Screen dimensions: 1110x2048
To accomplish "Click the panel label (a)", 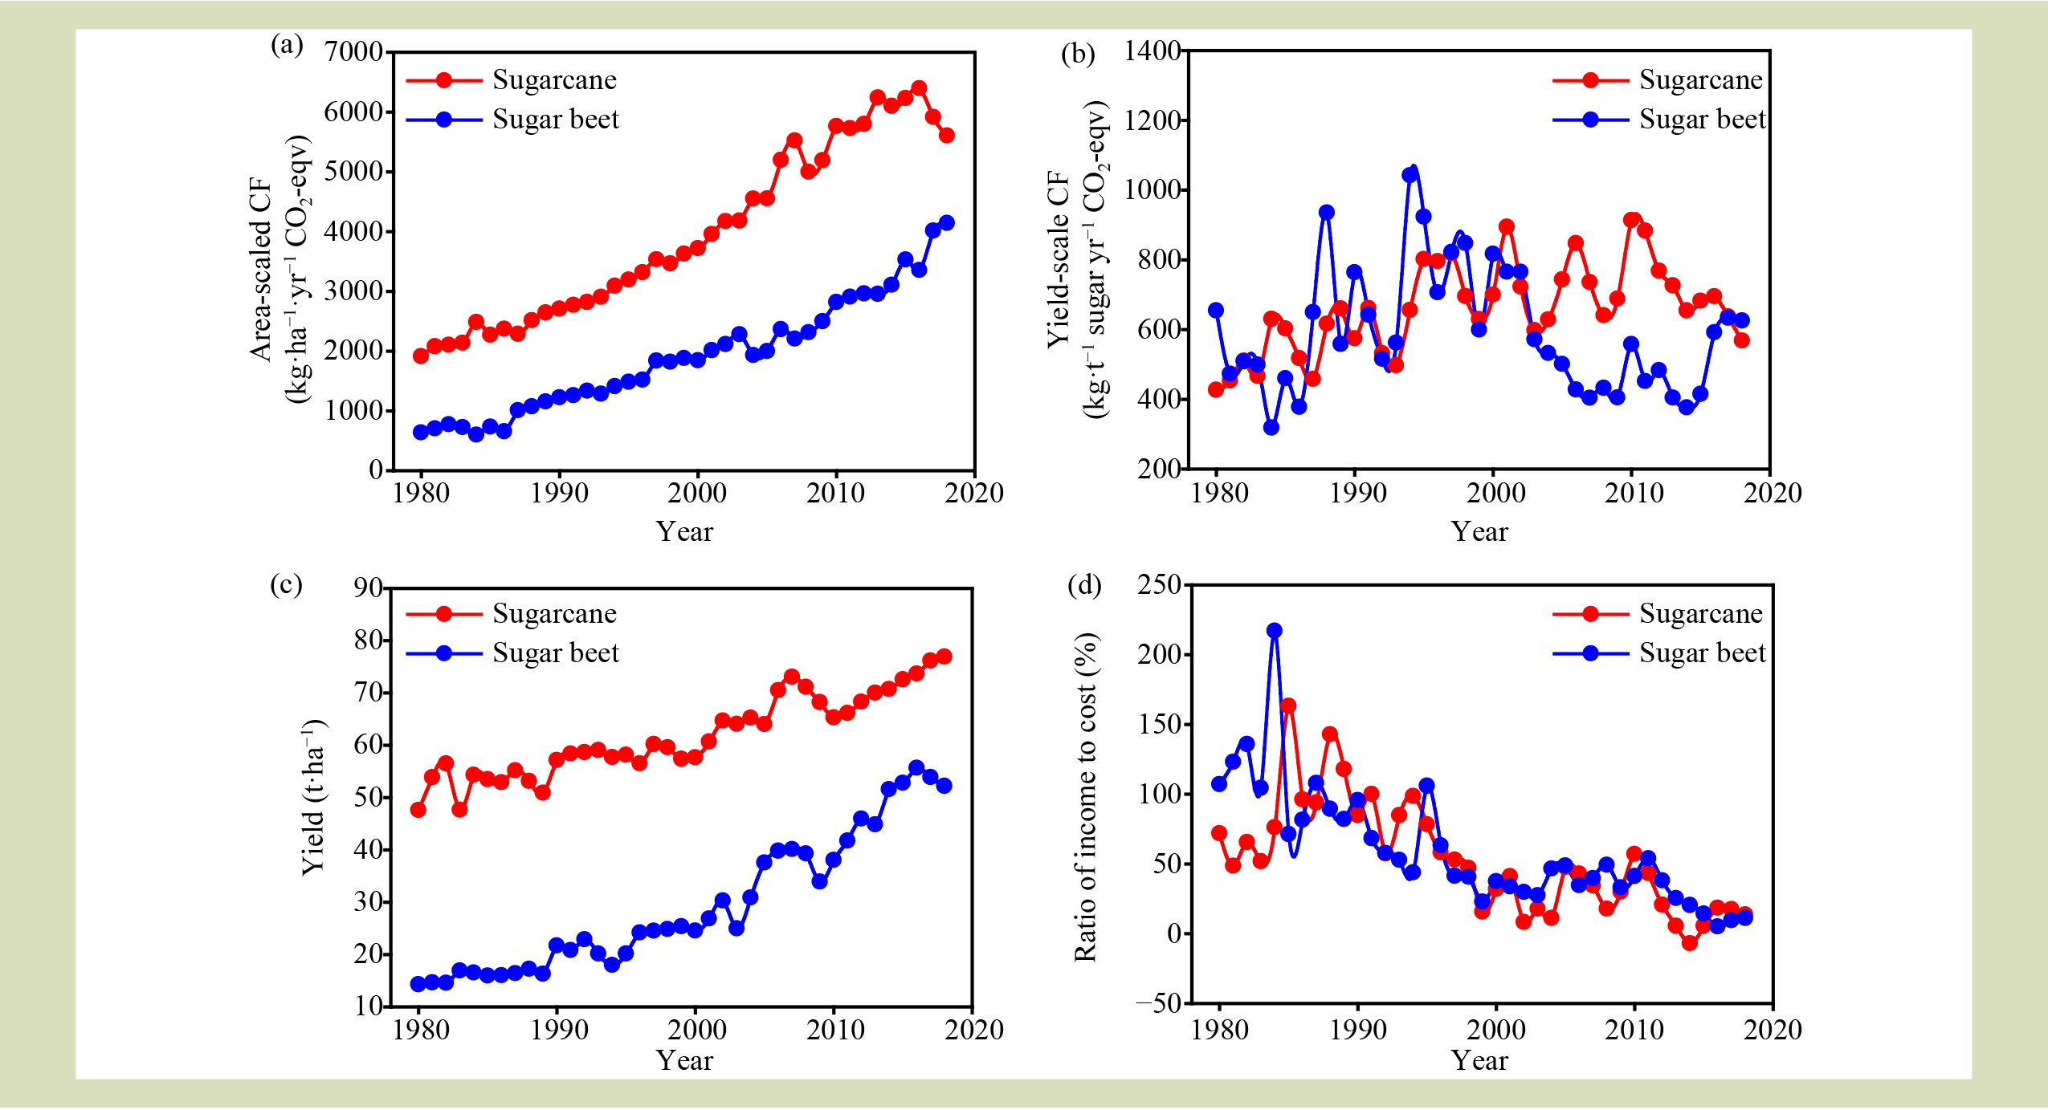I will point(287,45).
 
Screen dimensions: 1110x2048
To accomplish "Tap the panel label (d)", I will point(1083,585).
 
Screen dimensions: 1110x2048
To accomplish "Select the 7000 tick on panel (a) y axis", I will point(353,52).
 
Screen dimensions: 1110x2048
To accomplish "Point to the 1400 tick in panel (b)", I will point(1151,51).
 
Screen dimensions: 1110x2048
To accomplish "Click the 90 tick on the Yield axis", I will point(369,588).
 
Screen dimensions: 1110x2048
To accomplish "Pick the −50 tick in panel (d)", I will point(1158,1002).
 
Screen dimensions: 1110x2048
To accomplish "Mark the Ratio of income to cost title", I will point(1085,797).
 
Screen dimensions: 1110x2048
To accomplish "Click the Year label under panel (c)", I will point(684,1060).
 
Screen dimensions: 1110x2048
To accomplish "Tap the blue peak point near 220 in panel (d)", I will point(1274,631).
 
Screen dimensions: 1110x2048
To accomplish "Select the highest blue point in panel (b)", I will point(1410,175).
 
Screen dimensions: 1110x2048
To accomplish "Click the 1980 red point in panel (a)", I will point(420,356).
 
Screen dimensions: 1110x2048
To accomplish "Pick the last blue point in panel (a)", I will point(946,223).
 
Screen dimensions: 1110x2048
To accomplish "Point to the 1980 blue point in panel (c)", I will point(418,984).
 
